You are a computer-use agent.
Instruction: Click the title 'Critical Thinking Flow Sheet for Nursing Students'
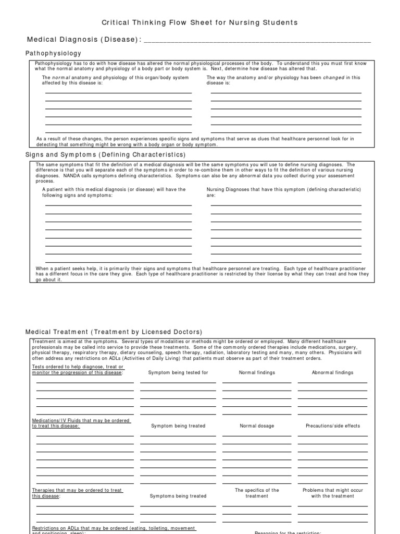pos(199,22)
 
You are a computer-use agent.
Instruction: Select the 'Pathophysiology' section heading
pos(54,53)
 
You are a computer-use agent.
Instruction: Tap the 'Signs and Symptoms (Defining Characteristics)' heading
pos(105,155)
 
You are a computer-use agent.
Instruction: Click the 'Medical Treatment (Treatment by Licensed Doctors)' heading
pos(114,332)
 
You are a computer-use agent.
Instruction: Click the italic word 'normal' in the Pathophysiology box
pos(60,78)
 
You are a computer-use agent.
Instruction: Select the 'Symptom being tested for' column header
pos(178,373)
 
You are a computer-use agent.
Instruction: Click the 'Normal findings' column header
pos(257,373)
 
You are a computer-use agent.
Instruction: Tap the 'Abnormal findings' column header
pos(332,373)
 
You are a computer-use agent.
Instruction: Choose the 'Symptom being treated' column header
pos(178,426)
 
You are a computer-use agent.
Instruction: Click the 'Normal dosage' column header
pos(257,426)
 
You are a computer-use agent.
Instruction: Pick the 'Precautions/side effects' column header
pos(332,426)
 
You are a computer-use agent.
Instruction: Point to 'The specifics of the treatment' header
pos(257,493)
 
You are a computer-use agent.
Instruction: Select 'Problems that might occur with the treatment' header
pos(332,493)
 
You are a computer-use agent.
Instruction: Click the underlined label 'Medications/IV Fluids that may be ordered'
pos(81,420)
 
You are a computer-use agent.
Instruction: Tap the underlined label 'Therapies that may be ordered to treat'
pos(77,490)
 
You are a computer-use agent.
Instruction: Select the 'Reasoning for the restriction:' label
pos(287,532)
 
